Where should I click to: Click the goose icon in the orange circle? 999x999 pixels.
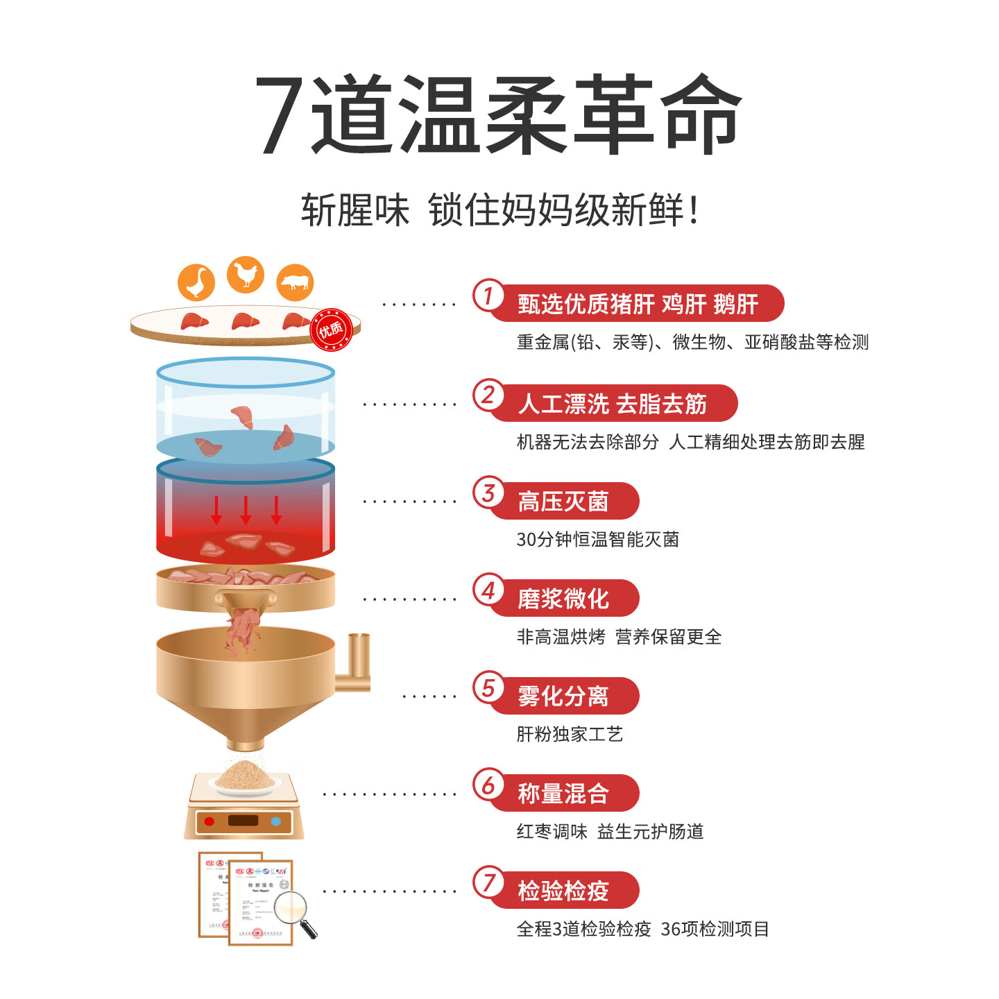tap(196, 282)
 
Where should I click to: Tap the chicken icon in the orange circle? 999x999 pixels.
tap(246, 275)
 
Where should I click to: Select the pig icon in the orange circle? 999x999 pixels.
tap(296, 282)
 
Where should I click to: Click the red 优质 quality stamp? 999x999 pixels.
tap(331, 330)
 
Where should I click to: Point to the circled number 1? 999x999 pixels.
tap(488, 296)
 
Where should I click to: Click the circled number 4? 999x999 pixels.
tap(488, 590)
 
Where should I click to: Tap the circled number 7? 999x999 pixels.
tap(488, 882)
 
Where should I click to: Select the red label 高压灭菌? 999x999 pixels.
tap(563, 502)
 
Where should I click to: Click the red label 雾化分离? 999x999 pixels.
tap(563, 696)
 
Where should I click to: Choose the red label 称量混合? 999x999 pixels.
tap(563, 793)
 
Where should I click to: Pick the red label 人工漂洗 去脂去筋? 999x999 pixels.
tap(612, 404)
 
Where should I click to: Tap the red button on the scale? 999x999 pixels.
tap(210, 821)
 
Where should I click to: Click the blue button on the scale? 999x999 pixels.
tap(276, 821)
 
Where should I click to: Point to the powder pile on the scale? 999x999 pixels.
tap(244, 776)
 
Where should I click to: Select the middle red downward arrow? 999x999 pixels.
tap(246, 510)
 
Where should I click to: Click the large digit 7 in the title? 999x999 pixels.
tap(281, 114)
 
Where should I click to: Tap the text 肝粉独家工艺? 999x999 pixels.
tap(570, 734)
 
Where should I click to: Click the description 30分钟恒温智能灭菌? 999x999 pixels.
tap(597, 539)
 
